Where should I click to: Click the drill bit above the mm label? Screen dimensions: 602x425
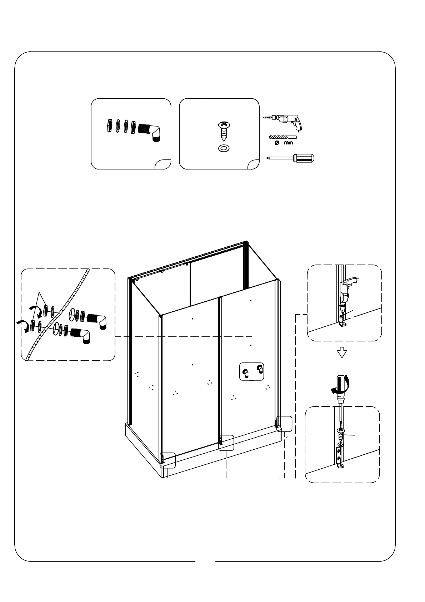(283, 137)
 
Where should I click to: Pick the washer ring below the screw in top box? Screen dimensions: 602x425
(224, 148)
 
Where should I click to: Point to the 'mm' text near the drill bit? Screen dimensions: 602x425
(288, 143)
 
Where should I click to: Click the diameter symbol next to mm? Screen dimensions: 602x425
(276, 143)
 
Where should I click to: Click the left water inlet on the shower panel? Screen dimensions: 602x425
(246, 373)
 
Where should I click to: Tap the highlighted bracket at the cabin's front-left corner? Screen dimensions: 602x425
(168, 460)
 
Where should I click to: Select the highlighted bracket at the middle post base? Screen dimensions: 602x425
(226, 443)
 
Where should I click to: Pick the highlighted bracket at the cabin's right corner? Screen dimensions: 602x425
(284, 424)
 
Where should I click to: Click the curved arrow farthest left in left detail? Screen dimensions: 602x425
(23, 325)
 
